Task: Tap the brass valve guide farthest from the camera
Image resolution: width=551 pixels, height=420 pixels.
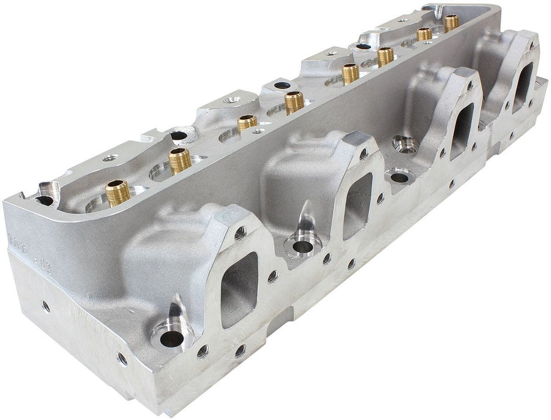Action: (451, 23)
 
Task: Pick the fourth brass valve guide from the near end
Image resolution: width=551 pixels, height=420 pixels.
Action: (294, 101)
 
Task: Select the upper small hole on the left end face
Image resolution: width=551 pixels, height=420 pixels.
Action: (46, 306)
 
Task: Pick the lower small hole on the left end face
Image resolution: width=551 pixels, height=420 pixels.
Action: (122, 359)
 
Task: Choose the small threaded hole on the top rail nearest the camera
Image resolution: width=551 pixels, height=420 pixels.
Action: (109, 158)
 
